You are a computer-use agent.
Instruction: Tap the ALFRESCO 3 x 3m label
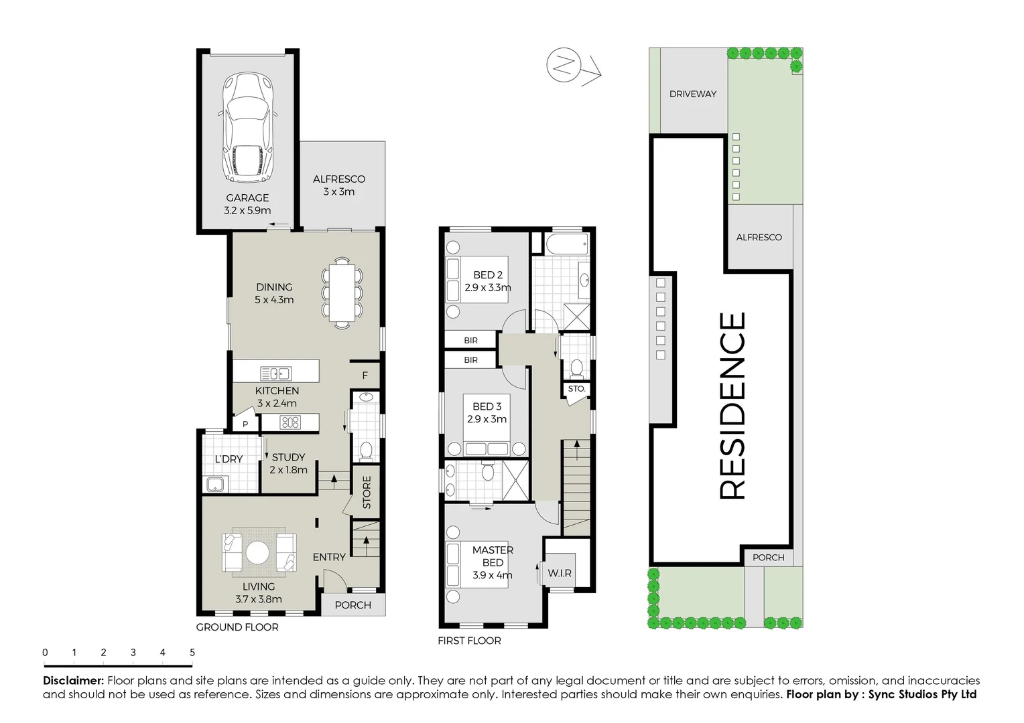coord(338,185)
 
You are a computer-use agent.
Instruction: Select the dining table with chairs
coord(342,293)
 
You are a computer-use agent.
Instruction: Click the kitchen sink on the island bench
coord(275,374)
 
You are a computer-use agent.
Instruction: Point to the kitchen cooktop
coord(290,422)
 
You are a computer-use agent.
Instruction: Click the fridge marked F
coord(365,376)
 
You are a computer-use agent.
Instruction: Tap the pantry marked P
coord(245,424)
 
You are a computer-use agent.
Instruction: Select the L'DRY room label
coord(229,459)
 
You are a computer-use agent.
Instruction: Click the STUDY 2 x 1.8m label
coord(288,463)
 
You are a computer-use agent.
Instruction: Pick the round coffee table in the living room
coord(259,553)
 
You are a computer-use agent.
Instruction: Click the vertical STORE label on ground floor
coord(367,492)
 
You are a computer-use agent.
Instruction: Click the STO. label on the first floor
coord(576,389)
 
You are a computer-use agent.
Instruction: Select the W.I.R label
coord(560,573)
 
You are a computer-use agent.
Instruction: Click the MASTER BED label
coord(493,556)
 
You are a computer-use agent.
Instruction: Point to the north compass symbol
coord(564,66)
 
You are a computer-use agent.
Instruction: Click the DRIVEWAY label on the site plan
coord(692,94)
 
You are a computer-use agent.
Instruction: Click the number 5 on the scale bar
coord(192,653)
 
